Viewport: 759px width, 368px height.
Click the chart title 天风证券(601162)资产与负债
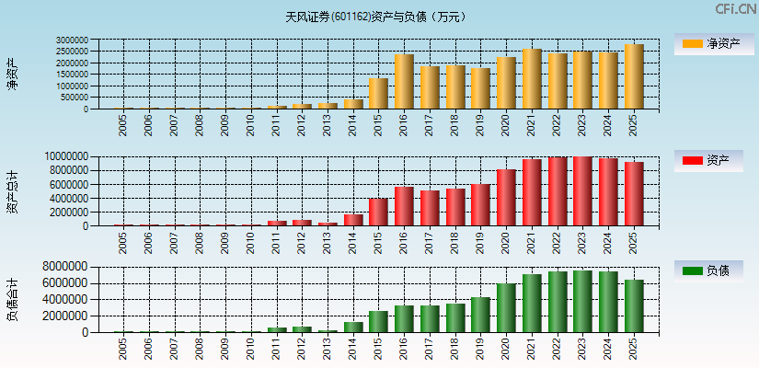tap(376, 16)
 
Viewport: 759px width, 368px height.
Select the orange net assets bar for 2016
tap(404, 82)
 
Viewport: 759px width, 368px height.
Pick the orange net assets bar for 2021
tap(532, 79)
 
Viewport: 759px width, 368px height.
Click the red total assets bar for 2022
tap(558, 191)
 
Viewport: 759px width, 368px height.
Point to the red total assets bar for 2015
tap(378, 212)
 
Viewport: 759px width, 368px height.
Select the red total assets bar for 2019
tap(480, 205)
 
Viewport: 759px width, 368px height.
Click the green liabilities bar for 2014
tap(352, 327)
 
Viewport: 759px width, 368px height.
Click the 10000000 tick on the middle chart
tap(66, 157)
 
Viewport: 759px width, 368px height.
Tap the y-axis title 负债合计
tap(13, 300)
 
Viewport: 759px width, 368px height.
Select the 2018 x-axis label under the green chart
tap(455, 350)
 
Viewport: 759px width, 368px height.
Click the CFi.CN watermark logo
tap(735, 9)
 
